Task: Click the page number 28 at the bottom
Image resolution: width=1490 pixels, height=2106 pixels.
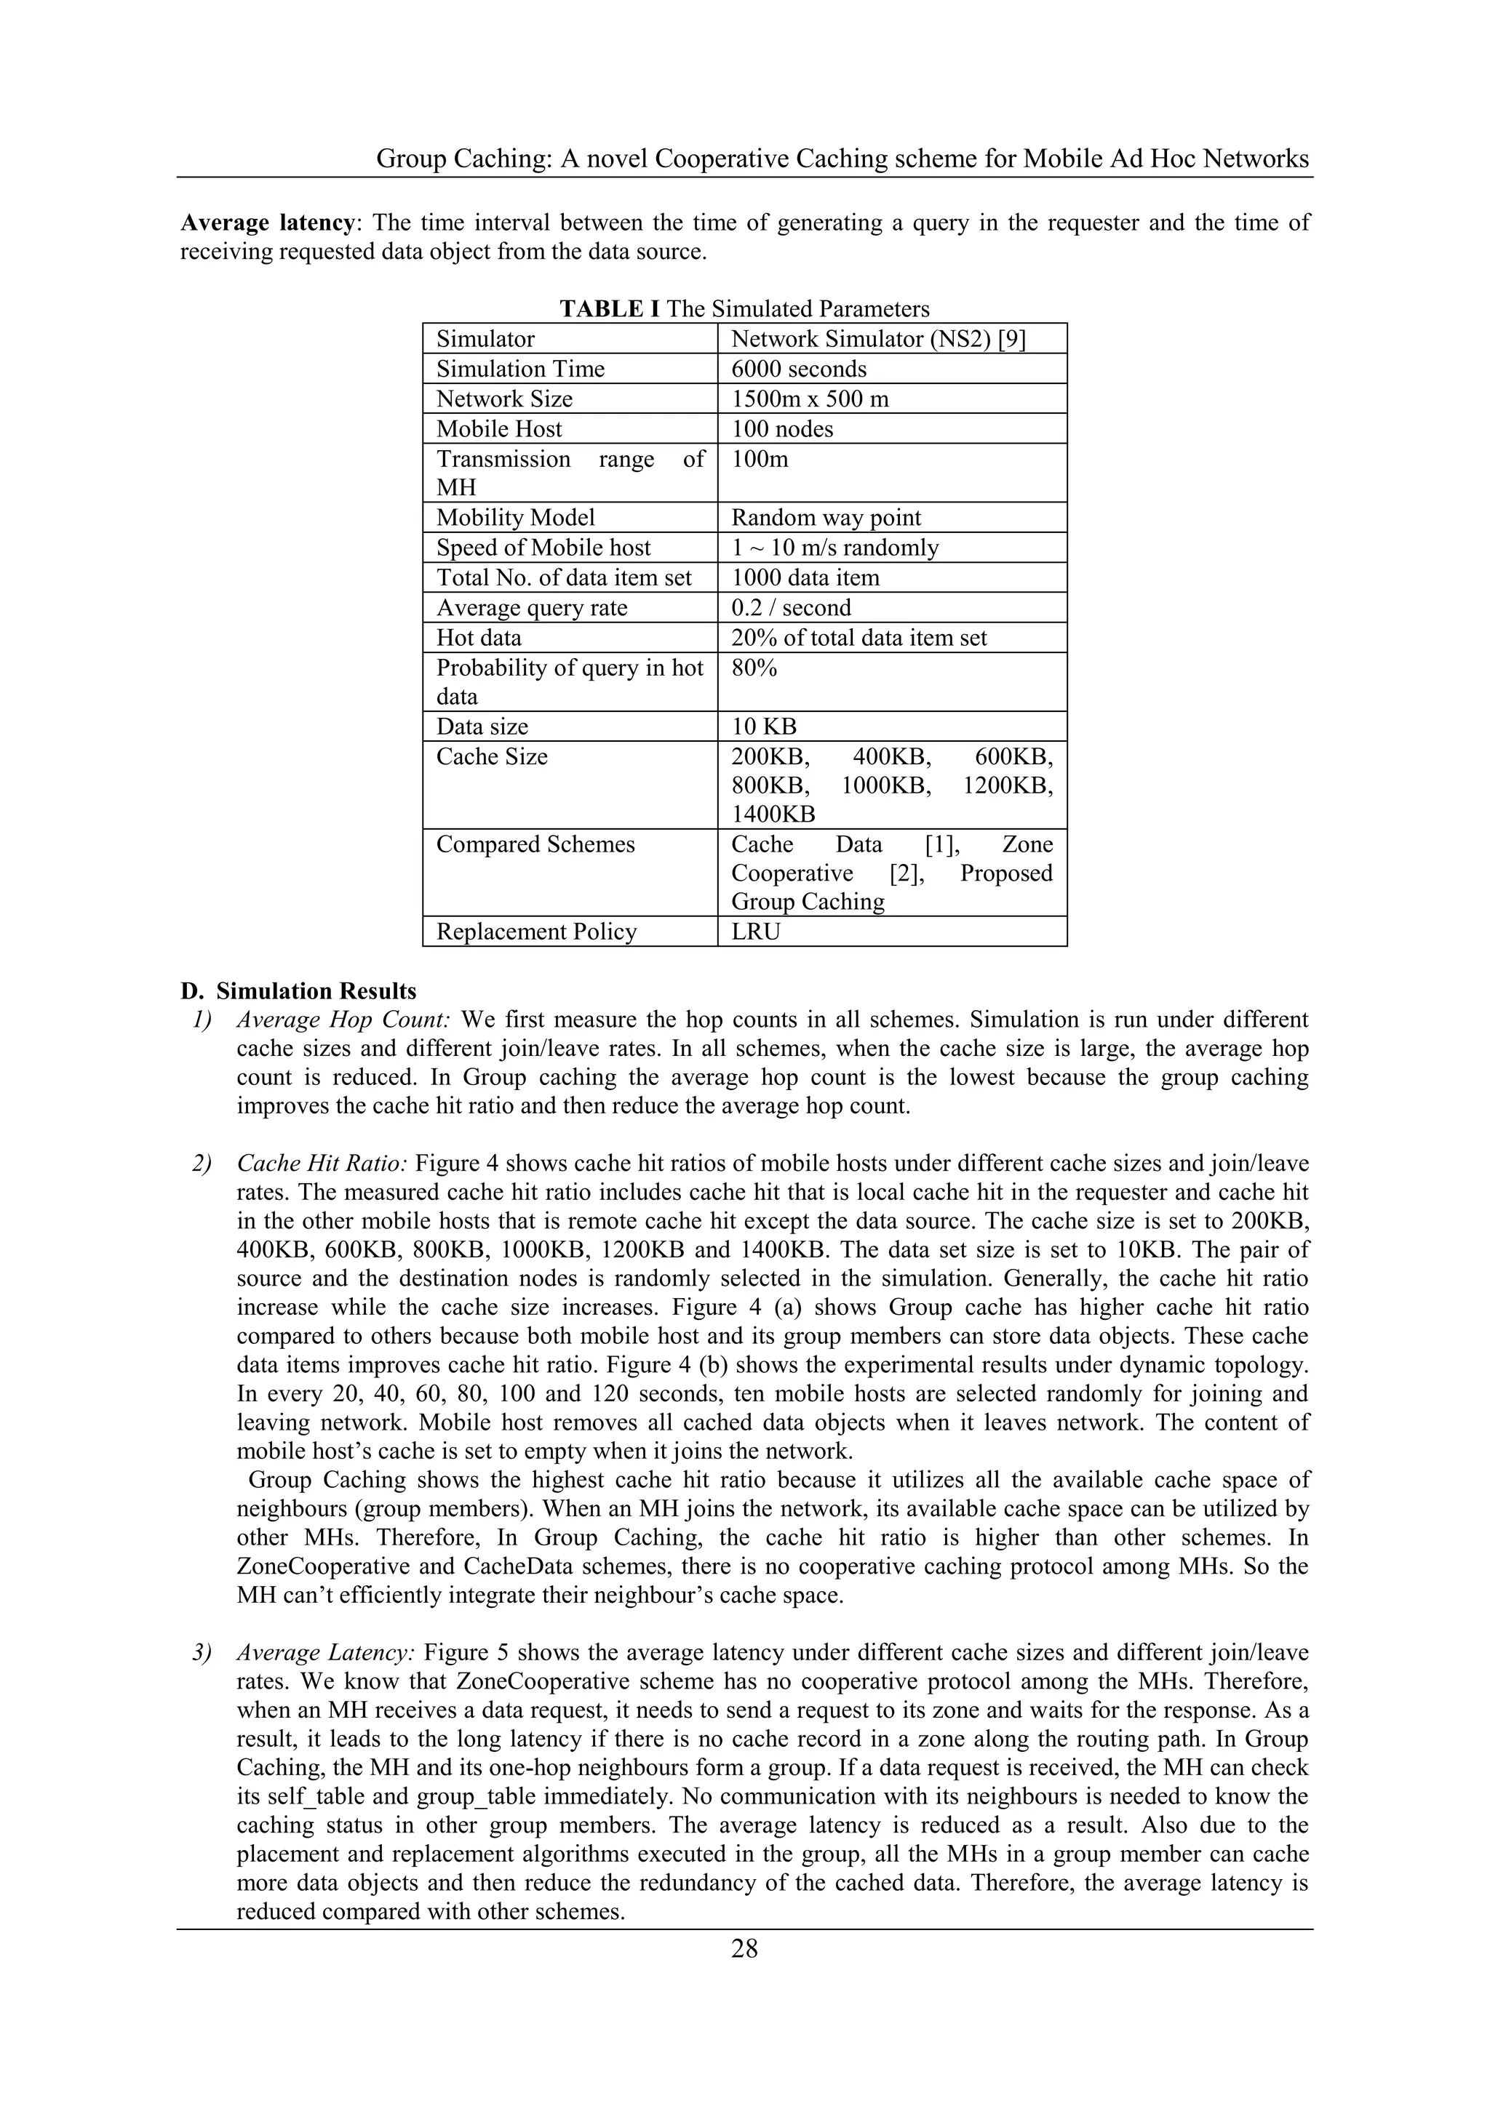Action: pyautogui.click(x=744, y=1948)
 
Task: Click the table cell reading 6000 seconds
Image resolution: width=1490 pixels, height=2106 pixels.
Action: pyautogui.click(x=798, y=369)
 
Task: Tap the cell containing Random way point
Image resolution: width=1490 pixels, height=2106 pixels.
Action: pyautogui.click(x=825, y=517)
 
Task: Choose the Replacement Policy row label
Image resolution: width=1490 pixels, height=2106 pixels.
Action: pyautogui.click(x=535, y=932)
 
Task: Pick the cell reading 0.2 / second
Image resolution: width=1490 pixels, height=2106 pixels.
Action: pyautogui.click(x=790, y=607)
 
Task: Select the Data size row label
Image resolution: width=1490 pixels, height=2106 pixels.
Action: pyautogui.click(x=482, y=726)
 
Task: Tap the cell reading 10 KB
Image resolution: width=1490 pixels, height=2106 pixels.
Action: pyautogui.click(x=763, y=726)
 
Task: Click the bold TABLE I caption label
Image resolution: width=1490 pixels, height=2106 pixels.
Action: pyautogui.click(x=609, y=309)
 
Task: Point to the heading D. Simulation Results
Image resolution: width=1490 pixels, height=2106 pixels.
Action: pyautogui.click(x=298, y=991)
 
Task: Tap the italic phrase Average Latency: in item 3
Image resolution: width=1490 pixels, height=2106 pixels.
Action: pyautogui.click(x=327, y=1653)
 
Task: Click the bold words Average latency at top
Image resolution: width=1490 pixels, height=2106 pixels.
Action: pyautogui.click(x=267, y=223)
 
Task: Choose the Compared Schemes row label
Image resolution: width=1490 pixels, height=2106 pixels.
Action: pyautogui.click(x=535, y=844)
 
